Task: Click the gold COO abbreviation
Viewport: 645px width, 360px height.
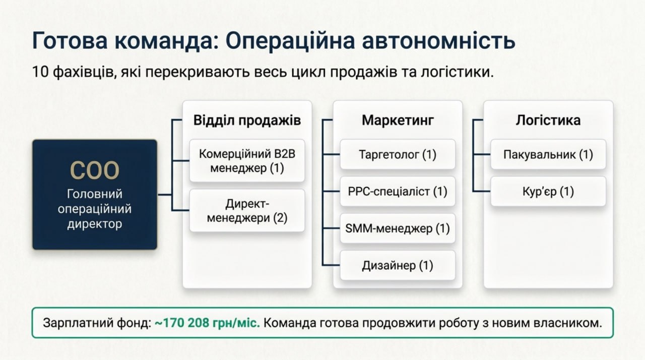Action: (94, 170)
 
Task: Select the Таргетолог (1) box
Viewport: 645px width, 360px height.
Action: (398, 154)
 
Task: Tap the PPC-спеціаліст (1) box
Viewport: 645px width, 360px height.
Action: (398, 191)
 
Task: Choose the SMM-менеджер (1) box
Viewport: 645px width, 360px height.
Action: (398, 228)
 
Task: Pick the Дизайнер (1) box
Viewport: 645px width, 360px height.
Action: (398, 265)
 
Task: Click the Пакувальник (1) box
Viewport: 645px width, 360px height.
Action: (548, 154)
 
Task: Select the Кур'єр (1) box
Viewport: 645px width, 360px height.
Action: (548, 191)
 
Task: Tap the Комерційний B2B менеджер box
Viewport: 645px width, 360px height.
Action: (247, 161)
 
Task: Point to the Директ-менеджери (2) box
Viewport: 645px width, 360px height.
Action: (247, 211)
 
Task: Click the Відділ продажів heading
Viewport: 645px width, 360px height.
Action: (247, 121)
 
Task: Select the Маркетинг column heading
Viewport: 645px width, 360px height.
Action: (398, 121)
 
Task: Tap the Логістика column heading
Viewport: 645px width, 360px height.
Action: (548, 120)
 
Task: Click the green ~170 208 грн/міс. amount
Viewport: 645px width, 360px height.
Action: (207, 323)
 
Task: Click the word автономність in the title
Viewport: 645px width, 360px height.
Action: (438, 41)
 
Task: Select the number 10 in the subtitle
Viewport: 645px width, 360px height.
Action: (40, 72)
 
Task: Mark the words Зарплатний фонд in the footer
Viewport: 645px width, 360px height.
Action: (97, 323)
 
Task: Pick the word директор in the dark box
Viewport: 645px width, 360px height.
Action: (94, 224)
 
